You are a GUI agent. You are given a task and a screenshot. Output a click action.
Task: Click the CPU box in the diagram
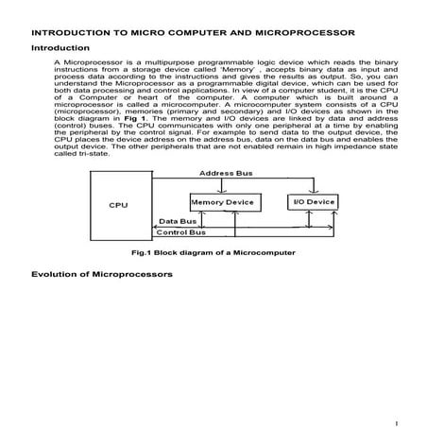[x=118, y=205]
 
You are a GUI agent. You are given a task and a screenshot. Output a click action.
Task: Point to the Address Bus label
[x=226, y=173]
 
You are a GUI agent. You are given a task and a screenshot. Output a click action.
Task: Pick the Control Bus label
[x=180, y=231]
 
